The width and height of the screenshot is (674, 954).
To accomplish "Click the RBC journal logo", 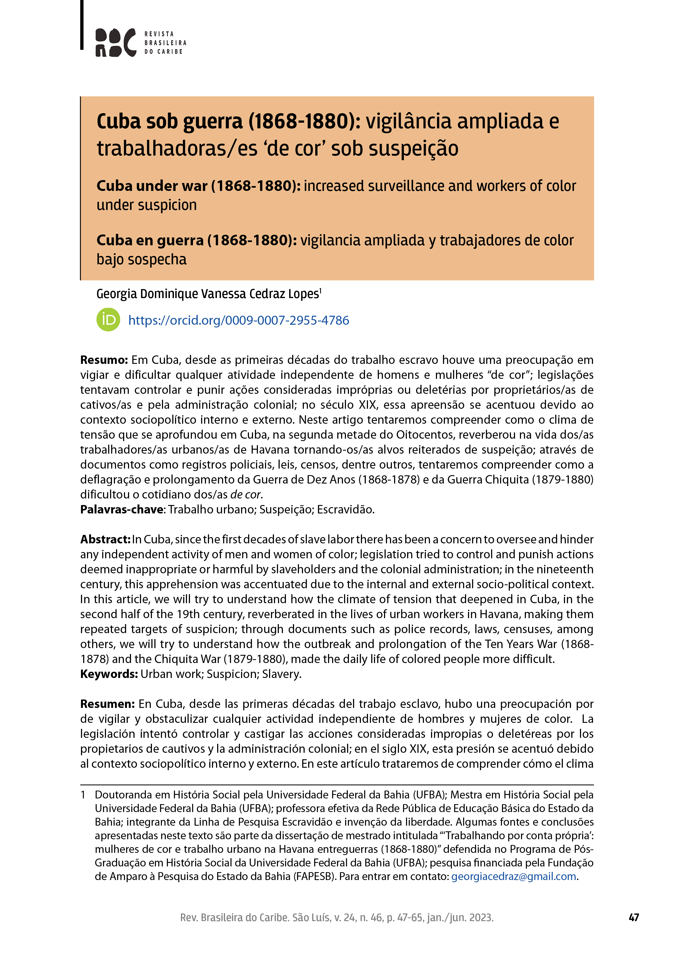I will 116,42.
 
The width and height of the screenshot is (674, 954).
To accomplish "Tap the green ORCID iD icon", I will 108,320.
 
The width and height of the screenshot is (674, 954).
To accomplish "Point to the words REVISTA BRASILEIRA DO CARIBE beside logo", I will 165,43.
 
